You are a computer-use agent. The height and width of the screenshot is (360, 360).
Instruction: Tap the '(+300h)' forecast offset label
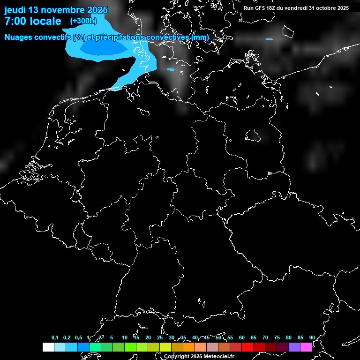click(83, 21)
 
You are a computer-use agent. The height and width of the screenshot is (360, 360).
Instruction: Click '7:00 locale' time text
click(32, 21)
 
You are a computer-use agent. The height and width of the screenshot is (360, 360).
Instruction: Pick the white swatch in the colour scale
click(48, 347)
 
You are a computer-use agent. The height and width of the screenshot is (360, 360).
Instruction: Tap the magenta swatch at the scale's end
click(306, 347)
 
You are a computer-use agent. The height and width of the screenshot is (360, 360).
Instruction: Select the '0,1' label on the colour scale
click(55, 337)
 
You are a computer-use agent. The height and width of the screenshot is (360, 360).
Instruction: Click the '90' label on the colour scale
click(312, 337)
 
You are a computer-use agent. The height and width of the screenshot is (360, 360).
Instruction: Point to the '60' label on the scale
click(241, 337)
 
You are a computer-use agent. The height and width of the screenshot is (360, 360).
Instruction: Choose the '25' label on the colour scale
click(159, 337)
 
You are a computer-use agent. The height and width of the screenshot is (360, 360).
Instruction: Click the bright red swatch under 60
click(247, 347)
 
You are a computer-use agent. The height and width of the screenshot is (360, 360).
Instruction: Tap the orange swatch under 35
click(188, 347)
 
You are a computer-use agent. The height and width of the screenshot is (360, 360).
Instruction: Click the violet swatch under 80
click(294, 347)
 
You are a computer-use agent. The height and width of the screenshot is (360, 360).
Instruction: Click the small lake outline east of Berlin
click(253, 135)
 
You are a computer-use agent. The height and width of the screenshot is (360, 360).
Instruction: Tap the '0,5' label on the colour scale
click(78, 337)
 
